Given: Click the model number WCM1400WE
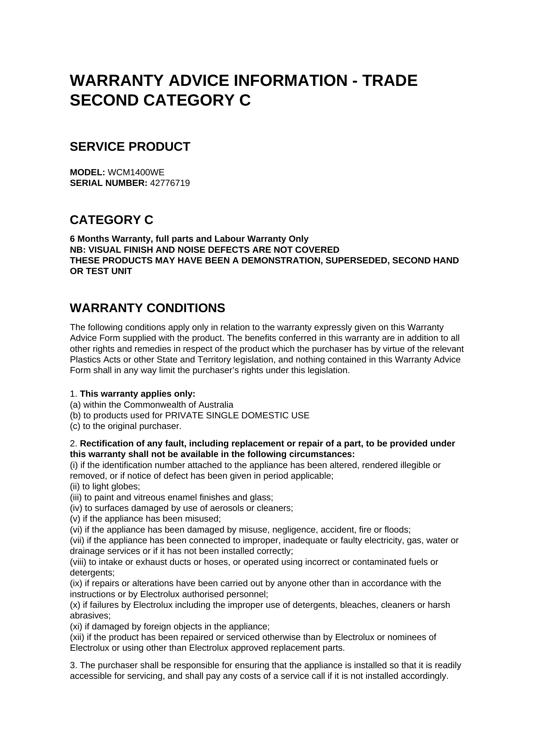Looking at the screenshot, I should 136,172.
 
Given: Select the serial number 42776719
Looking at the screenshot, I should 170,183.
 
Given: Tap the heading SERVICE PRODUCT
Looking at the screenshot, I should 130,147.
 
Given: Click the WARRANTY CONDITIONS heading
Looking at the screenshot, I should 147,308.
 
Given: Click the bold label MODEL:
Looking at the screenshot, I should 87,172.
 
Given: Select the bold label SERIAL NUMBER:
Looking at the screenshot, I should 108,183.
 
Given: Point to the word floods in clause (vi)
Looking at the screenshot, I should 398,530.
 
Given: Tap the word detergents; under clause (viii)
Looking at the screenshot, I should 92,573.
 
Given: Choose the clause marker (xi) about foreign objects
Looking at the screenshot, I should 76,627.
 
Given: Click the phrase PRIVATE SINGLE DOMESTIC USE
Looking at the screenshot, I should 237,415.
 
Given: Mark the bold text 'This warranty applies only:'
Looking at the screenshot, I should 138,393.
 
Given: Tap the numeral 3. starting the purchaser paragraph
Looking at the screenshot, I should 74,665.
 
